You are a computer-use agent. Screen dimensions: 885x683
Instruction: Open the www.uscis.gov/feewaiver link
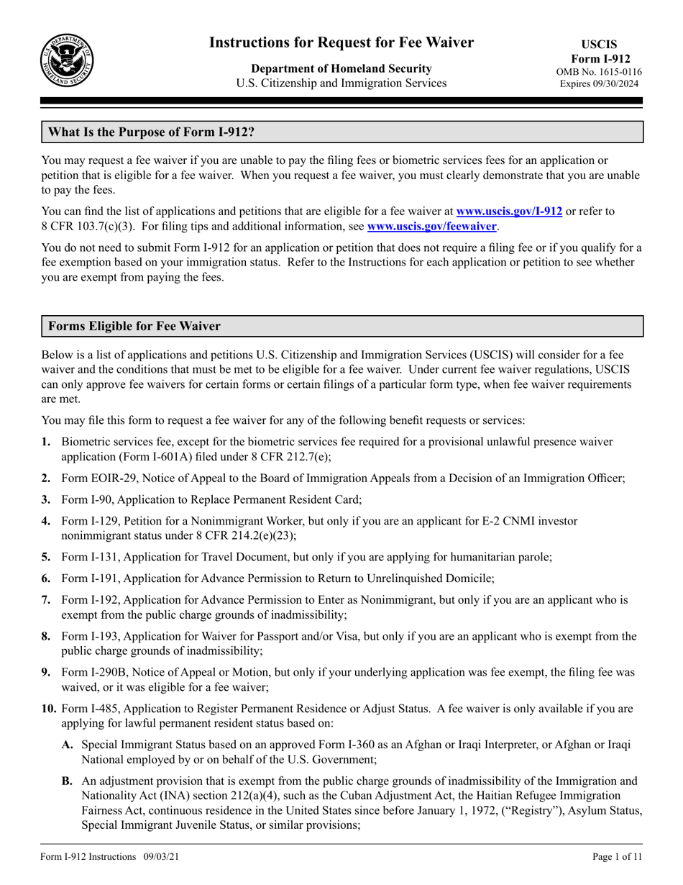click(431, 226)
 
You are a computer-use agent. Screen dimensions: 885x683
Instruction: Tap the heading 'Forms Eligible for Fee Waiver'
click(134, 327)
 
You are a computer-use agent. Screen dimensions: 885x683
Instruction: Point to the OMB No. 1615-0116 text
click(599, 72)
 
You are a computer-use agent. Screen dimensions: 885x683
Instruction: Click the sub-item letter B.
click(68, 780)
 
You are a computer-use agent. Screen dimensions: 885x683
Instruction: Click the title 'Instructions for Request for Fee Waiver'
click(341, 43)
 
